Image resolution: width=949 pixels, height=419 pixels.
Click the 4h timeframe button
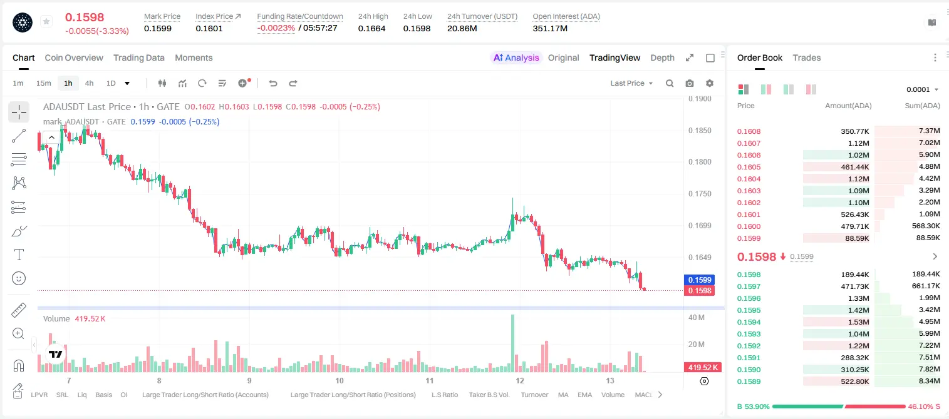coord(89,83)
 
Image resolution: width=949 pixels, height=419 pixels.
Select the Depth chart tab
coord(662,58)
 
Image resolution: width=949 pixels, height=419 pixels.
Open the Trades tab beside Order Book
coord(807,58)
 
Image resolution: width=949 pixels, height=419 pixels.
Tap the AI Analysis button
coord(516,58)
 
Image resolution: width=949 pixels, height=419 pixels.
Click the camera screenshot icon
coord(690,83)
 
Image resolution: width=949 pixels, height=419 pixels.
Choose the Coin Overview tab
coord(74,58)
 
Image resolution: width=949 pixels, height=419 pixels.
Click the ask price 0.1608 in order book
coord(749,131)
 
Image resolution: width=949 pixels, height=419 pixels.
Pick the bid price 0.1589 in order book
coord(749,381)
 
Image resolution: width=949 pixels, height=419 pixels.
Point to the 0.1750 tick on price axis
coord(700,194)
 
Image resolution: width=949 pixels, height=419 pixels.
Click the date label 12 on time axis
coord(520,380)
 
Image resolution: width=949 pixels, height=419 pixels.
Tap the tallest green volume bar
coord(512,343)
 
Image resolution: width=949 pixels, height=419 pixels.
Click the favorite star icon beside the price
coord(46,21)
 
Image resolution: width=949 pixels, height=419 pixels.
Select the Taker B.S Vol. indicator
coord(489,395)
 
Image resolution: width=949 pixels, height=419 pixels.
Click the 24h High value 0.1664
coord(371,29)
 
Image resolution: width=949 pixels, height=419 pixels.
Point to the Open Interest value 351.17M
coord(550,29)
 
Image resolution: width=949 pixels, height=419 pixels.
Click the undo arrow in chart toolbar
coord(273,83)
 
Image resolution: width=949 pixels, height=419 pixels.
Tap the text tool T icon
coord(19,255)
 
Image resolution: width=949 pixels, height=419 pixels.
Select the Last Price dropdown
coord(631,83)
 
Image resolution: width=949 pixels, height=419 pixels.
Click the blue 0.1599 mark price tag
coord(700,280)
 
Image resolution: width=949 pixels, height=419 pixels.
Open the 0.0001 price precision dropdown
coord(922,89)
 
